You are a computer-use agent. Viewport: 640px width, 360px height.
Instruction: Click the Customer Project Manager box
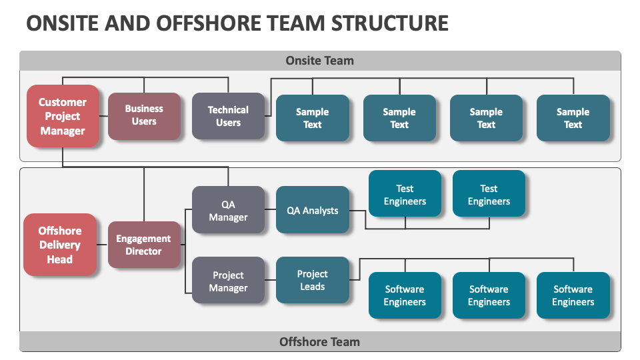63,116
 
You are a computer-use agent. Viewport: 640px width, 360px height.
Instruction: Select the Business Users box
144,115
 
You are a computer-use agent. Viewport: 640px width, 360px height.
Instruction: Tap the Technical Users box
228,116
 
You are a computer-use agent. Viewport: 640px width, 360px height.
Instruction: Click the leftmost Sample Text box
312,118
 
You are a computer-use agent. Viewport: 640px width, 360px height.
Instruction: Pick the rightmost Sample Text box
573,118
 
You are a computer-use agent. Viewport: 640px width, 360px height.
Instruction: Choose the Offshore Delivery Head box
60,245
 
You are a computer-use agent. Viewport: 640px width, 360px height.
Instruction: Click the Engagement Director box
144,245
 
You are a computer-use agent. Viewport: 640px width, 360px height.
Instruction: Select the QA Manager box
228,211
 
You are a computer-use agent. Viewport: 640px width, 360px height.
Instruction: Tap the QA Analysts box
312,210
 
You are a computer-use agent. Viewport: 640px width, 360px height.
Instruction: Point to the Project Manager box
228,281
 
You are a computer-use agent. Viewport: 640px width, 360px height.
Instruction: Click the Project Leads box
312,280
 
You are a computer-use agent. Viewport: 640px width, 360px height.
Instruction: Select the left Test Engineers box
405,194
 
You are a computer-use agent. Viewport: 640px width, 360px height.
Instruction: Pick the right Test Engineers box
489,194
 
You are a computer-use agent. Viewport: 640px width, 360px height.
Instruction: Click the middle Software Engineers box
489,295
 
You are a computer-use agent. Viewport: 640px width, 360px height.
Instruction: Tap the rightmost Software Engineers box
573,295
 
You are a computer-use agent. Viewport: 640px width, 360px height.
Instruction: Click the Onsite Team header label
320,61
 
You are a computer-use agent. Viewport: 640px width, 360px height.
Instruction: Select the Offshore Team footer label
320,342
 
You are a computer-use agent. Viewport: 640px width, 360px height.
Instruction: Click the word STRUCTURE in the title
382,23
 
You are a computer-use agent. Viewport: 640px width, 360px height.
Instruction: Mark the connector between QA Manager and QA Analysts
270,210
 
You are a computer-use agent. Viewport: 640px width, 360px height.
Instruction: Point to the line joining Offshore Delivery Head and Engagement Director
102,245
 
